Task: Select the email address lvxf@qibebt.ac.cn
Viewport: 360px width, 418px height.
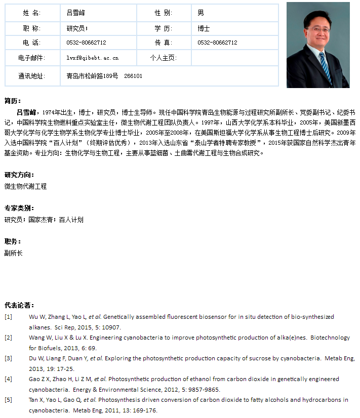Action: pyautogui.click(x=93, y=58)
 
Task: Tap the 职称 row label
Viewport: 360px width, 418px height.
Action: pyautogui.click(x=31, y=29)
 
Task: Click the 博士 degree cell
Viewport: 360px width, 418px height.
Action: pyautogui.click(x=204, y=29)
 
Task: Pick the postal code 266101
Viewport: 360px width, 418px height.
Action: pyautogui.click(x=133, y=76)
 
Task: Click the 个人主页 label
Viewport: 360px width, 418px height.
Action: pyautogui.click(x=163, y=58)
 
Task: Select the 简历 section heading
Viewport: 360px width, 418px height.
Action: pyautogui.click(x=13, y=101)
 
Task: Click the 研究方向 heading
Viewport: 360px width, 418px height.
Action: pyautogui.click(x=19, y=175)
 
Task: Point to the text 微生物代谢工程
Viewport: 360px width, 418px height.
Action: pyautogui.click(x=25, y=186)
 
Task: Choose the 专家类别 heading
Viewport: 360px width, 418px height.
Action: pyautogui.click(x=19, y=208)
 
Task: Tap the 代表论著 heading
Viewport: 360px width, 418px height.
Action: pyautogui.click(x=19, y=305)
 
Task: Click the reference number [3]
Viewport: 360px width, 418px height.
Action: pyautogui.click(x=8, y=358)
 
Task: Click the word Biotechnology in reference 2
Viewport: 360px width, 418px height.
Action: pyautogui.click(x=330, y=338)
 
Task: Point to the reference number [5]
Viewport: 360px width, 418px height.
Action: pyautogui.click(x=8, y=400)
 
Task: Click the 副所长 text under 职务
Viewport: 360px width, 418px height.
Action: pyautogui.click(x=13, y=253)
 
